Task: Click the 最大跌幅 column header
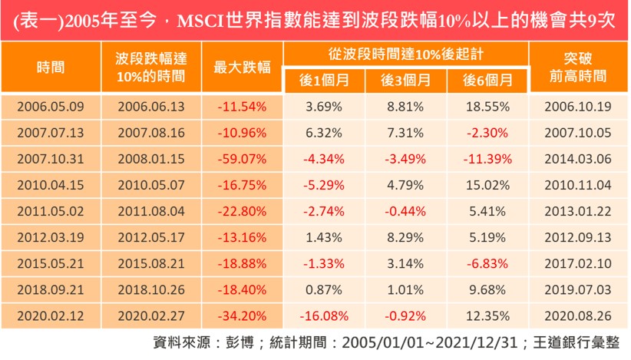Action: (x=242, y=67)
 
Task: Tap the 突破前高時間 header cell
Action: (x=578, y=67)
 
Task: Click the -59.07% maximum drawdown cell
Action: (x=242, y=158)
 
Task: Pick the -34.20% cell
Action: (x=242, y=315)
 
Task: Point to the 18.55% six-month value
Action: (x=487, y=106)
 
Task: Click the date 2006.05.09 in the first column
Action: (x=51, y=106)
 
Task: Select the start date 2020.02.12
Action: (x=51, y=315)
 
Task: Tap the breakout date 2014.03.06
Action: (x=578, y=158)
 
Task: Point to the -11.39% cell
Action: (x=487, y=158)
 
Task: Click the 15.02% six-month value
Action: (x=487, y=184)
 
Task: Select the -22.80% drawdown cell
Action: (x=242, y=210)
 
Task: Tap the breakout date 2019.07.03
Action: (x=578, y=289)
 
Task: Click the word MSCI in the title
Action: (x=200, y=21)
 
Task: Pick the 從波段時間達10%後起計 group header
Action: (x=405, y=54)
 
